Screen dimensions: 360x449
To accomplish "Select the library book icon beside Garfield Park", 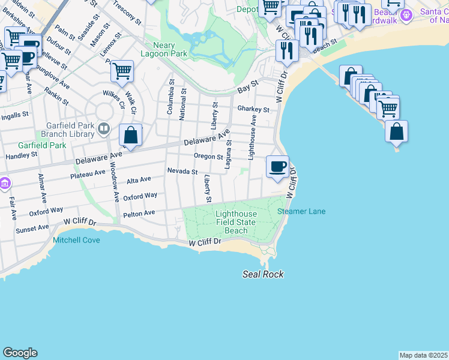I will click(104, 128).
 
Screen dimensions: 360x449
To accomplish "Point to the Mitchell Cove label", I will click(76, 240).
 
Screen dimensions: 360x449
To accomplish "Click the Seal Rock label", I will click(263, 274).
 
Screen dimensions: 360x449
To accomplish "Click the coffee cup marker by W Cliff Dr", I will click(277, 167).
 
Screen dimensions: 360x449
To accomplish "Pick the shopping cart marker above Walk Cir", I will click(122, 71).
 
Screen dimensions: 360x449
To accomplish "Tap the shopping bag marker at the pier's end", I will click(397, 131).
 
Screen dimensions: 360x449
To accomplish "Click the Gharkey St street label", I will click(253, 109).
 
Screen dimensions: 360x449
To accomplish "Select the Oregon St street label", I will click(208, 156).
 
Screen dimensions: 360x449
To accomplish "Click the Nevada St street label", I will click(182, 171).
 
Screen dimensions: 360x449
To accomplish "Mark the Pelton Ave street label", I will click(139, 213).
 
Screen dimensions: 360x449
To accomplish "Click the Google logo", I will click(20, 353).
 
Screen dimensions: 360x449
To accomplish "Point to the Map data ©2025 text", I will click(423, 355).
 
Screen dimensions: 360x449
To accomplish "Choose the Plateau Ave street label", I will click(88, 175).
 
